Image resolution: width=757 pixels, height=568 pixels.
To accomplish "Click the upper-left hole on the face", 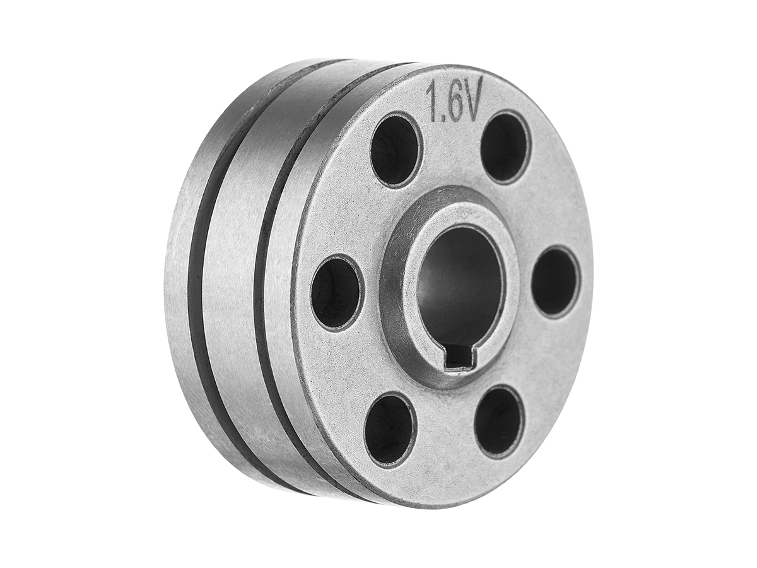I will point(396,150).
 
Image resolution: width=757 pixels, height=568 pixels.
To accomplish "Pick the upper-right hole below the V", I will point(505,147).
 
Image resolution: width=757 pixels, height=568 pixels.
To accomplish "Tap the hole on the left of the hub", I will point(337,292).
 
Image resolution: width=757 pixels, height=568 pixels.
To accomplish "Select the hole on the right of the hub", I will point(556,281).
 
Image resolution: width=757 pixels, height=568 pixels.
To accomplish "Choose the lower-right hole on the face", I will point(499,420).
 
